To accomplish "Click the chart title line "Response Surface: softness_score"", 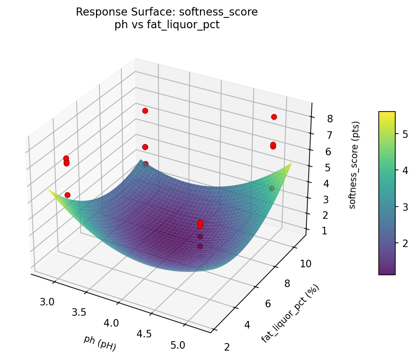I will (x=167, y=12).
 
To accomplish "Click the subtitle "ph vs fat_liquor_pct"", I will (x=167, y=25).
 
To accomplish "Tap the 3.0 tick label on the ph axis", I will (x=47, y=302).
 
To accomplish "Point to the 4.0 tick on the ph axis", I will (x=112, y=323).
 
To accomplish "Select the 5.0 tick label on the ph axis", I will (x=178, y=345).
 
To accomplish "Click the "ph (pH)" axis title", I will (x=100, y=343).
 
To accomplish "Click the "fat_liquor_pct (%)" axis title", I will (x=290, y=313).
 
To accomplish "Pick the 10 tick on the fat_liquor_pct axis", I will (x=306, y=264).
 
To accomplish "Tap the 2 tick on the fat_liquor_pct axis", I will (x=227, y=347).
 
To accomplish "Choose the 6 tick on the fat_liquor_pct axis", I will (x=268, y=304).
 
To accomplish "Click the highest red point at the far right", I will (x=274, y=117).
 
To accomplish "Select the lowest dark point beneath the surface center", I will (x=200, y=246).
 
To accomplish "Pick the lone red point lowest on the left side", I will (x=67, y=195).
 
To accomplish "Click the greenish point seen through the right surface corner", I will (x=271, y=188).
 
